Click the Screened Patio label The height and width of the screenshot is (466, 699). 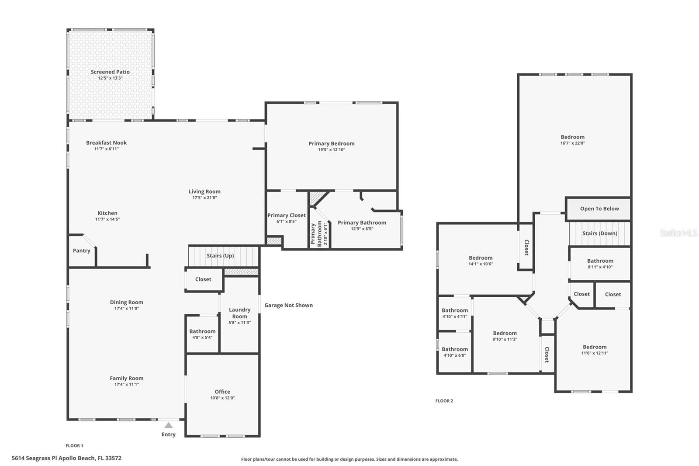click(x=110, y=72)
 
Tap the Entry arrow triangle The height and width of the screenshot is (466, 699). click(x=169, y=425)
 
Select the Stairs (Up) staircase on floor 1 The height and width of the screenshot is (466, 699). click(x=224, y=256)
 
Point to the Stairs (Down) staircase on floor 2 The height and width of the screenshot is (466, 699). click(x=600, y=233)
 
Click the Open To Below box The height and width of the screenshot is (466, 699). click(x=598, y=209)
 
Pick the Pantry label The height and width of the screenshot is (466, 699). click(x=81, y=250)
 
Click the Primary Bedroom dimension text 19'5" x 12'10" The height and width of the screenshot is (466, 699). click(x=332, y=150)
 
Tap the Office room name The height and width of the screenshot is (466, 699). click(x=222, y=392)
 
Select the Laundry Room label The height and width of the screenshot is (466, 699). click(x=240, y=313)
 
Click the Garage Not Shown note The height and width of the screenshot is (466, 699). click(x=289, y=305)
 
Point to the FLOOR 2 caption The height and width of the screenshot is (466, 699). click(x=444, y=401)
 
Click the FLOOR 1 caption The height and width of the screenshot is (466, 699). click(x=75, y=446)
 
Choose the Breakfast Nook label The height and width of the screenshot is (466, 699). click(x=107, y=143)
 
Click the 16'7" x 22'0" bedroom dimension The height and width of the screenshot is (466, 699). click(x=573, y=143)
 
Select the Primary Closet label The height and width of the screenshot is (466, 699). click(x=287, y=216)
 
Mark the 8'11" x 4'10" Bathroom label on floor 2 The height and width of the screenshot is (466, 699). click(x=600, y=261)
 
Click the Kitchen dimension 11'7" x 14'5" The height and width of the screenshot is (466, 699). click(x=107, y=219)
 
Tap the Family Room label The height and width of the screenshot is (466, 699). click(x=126, y=378)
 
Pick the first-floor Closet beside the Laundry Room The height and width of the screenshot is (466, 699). click(x=203, y=279)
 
